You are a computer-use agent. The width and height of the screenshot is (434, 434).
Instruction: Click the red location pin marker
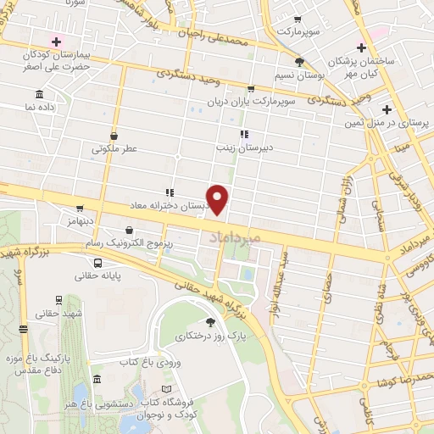pyautogui.click(x=218, y=199)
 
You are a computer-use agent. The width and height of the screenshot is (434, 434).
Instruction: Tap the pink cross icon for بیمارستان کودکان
pyautogui.click(x=57, y=41)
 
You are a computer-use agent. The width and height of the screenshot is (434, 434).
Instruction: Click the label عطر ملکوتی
pyautogui.click(x=114, y=148)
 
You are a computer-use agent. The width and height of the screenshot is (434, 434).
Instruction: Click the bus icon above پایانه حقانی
pyautogui.click(x=98, y=263)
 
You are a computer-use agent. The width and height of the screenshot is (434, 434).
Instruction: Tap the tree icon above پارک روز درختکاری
pyautogui.click(x=211, y=322)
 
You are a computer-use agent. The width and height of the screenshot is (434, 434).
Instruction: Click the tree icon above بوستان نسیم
pyautogui.click(x=298, y=61)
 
